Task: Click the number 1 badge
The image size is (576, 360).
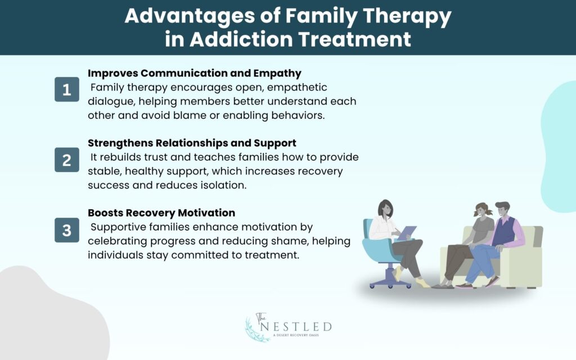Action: point(67,90)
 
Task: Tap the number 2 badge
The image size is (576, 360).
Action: point(67,160)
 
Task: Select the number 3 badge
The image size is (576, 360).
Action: point(67,230)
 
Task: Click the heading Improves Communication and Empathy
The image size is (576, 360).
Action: point(195,74)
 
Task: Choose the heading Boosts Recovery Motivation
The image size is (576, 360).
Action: point(161,213)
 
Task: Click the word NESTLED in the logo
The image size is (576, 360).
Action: point(304,327)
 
